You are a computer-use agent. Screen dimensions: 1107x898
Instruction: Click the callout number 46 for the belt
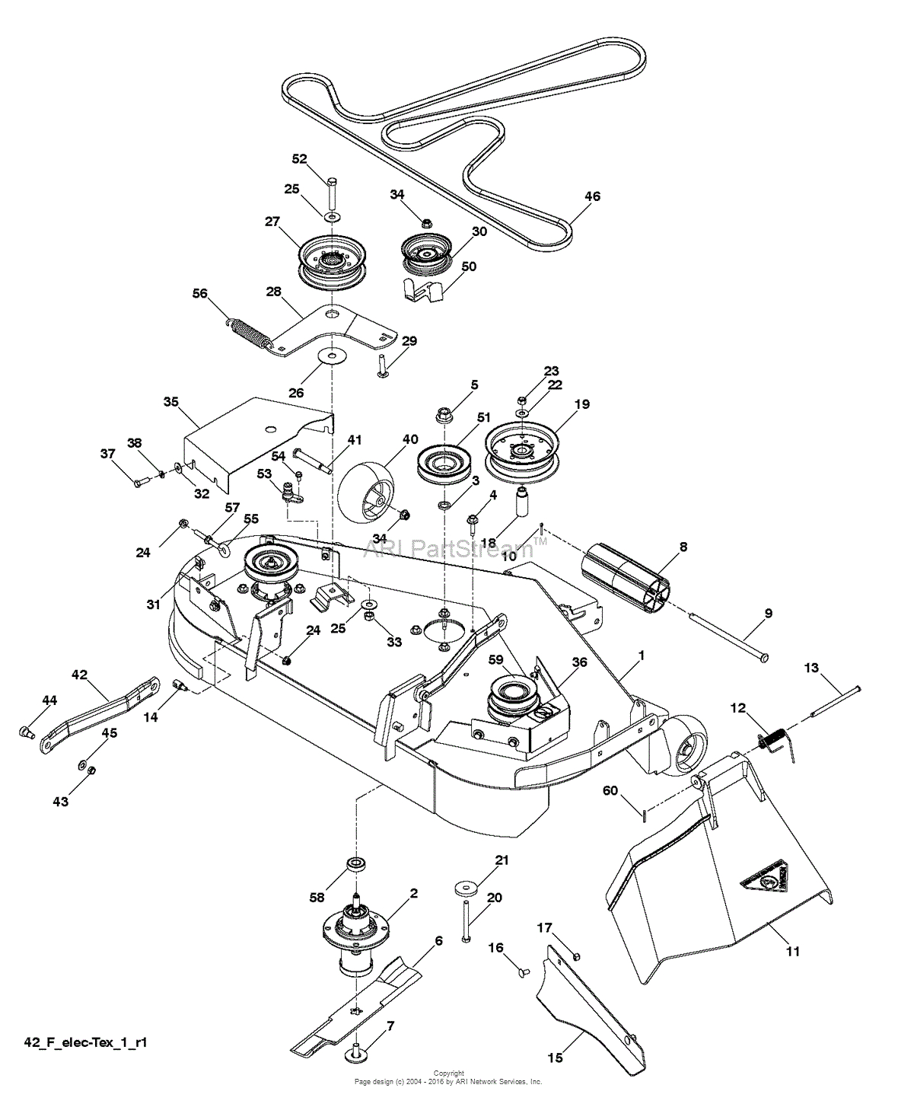click(591, 196)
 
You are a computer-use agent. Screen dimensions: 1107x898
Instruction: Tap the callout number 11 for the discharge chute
click(793, 951)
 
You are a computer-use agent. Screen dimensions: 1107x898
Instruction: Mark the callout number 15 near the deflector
click(555, 1058)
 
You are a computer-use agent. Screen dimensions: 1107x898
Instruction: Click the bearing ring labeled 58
click(355, 865)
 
